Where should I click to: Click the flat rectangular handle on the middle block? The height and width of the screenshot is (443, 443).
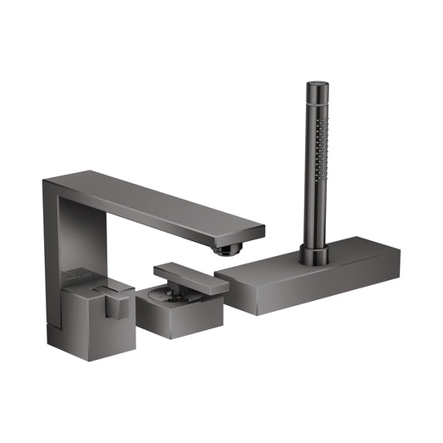pyautogui.click(x=190, y=278)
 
